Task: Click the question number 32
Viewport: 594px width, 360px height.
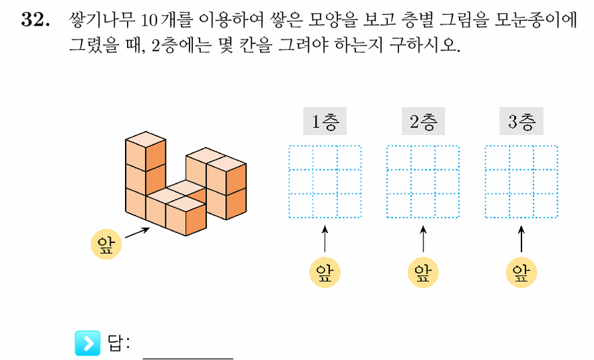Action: pyautogui.click(x=35, y=19)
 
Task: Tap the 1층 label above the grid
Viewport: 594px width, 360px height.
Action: pyautogui.click(x=325, y=121)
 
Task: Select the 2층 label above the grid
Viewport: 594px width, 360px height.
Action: pyautogui.click(x=423, y=121)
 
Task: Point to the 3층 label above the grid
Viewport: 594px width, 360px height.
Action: pyautogui.click(x=521, y=121)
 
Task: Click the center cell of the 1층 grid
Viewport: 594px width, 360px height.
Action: pyautogui.click(x=325, y=182)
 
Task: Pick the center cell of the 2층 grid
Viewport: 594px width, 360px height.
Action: pyautogui.click(x=423, y=182)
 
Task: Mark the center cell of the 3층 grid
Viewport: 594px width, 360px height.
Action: pyautogui.click(x=521, y=182)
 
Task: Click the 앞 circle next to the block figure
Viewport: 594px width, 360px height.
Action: pyautogui.click(x=106, y=244)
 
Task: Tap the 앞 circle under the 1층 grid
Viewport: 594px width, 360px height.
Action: pyautogui.click(x=325, y=273)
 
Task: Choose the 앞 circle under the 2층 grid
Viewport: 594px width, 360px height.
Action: pyautogui.click(x=423, y=273)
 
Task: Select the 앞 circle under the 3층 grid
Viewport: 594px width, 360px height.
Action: pyautogui.click(x=521, y=273)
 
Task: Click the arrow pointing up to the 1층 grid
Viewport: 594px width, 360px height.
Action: pyautogui.click(x=325, y=239)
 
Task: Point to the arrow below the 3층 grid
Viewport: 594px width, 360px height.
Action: pyautogui.click(x=521, y=239)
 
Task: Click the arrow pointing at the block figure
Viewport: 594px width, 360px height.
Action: pyautogui.click(x=137, y=233)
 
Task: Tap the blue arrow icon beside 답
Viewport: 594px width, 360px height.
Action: pyautogui.click(x=87, y=343)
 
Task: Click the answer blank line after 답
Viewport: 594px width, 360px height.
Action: pyautogui.click(x=188, y=358)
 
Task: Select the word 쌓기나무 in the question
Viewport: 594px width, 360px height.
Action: pyautogui.click(x=102, y=19)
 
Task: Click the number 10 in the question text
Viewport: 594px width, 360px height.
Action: pyautogui.click(x=148, y=20)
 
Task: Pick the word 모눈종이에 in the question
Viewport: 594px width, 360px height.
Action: pyautogui.click(x=536, y=19)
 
